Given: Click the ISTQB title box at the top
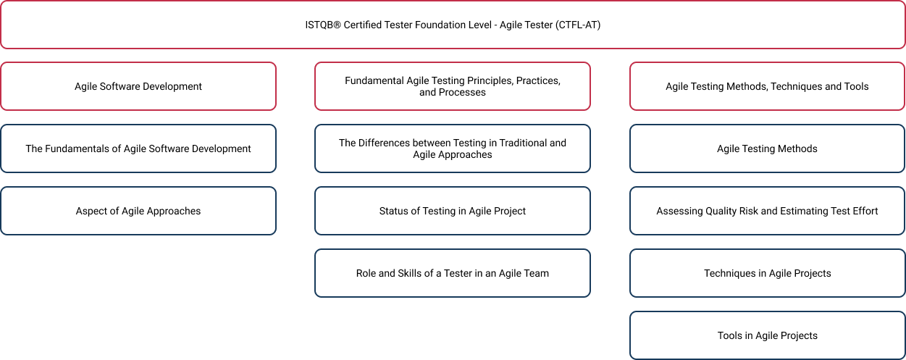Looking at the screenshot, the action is (453, 25).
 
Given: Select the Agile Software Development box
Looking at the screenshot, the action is (138, 86).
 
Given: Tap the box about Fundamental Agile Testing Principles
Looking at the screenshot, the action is (453, 86).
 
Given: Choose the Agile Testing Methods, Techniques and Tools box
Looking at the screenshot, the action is (767, 86).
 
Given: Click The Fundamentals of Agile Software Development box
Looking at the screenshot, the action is (138, 148).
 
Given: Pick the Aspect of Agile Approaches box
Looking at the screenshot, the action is (138, 211).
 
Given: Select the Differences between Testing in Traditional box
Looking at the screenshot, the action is (453, 148).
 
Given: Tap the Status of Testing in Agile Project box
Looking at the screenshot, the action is (453, 211).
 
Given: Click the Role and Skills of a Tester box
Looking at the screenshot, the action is (453, 273).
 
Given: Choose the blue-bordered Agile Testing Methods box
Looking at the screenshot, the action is (767, 148).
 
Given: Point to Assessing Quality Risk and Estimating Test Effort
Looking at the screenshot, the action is (767, 211).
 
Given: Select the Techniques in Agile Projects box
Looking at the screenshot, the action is (767, 273).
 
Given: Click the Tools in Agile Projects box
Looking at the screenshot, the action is (767, 335).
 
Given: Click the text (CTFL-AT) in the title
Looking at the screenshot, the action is (578, 25).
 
